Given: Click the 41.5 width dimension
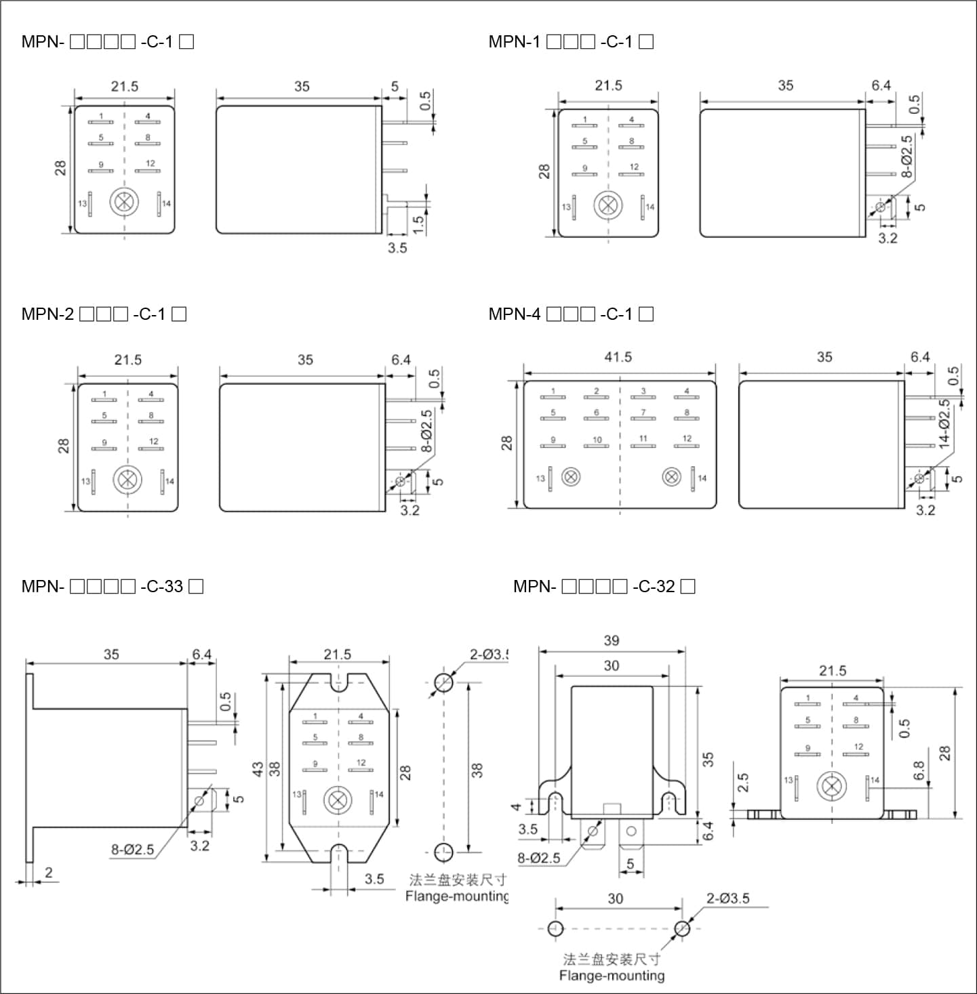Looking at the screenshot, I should click(618, 357).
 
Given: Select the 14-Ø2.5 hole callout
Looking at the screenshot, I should click(944, 423).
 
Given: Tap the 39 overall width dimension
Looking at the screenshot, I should click(612, 640).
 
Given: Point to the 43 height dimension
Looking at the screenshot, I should click(258, 769).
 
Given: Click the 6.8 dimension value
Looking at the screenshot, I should click(919, 771).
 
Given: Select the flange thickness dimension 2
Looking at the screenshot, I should click(48, 872).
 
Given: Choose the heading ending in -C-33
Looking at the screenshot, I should click(112, 586).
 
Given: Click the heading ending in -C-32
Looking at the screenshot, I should click(604, 586).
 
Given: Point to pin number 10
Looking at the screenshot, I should click(597, 440).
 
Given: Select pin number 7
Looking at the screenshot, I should click(643, 412).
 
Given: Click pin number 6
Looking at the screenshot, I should click(597, 412).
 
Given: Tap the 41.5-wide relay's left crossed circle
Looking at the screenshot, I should click(572, 477).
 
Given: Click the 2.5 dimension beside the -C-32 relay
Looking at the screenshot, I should click(743, 783).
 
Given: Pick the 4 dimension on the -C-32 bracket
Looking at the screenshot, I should click(517, 806).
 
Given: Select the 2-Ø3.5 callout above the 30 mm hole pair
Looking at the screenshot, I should click(727, 898).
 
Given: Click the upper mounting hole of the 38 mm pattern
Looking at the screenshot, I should click(443, 682).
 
